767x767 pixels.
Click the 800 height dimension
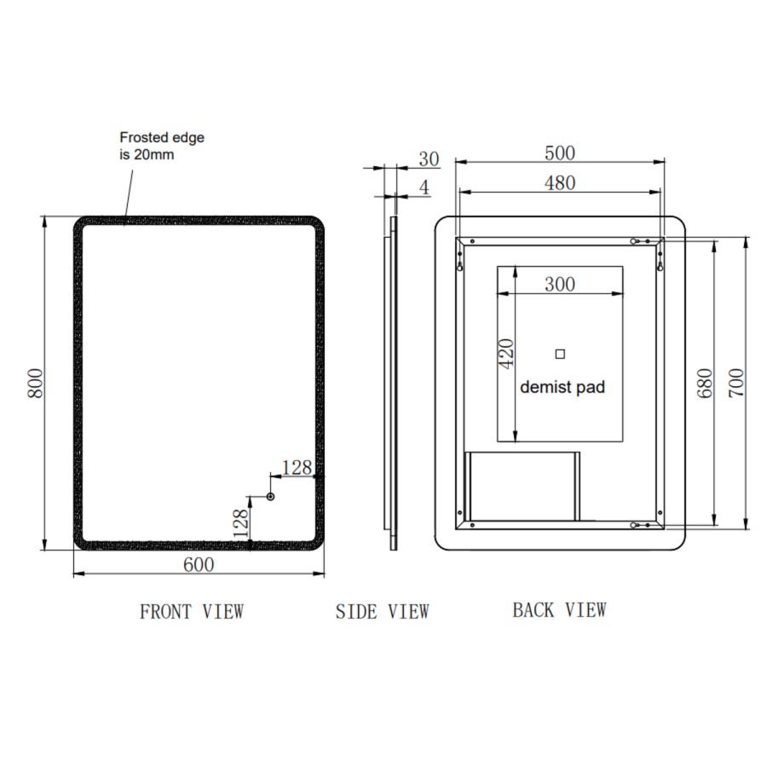35,383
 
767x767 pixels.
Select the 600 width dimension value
199,564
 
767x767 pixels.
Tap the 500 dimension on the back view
559,153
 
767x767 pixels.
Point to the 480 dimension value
559,182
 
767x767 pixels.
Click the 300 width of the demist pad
559,284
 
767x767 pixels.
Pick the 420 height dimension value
505,354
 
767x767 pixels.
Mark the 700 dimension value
736,383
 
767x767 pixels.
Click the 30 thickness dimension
429,159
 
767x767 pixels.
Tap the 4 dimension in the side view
424,188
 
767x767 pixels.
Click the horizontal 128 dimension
297,467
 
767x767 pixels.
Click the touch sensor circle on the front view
271,496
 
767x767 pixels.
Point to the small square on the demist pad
560,354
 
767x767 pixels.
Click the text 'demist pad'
562,388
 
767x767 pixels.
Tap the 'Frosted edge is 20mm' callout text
162,145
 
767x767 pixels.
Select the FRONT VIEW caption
192,611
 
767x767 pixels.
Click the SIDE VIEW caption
382,611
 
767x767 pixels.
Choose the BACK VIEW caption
559,609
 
